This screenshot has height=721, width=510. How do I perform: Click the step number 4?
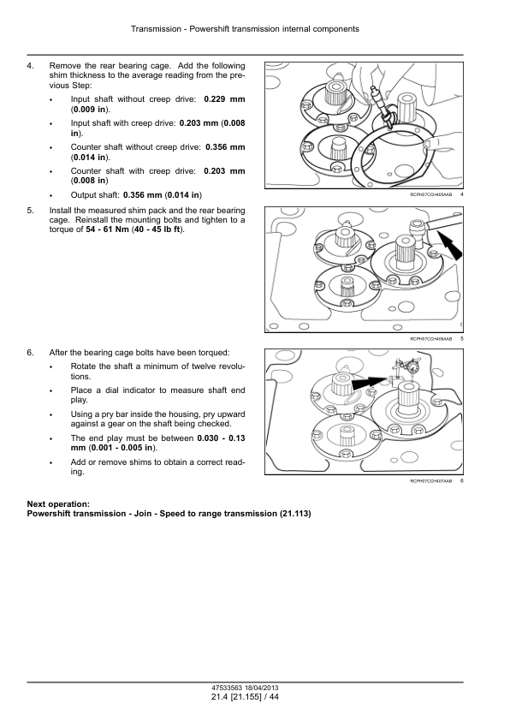[x=30, y=66]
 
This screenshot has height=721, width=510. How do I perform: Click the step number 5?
[x=30, y=211]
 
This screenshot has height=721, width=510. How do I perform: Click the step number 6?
[x=30, y=353]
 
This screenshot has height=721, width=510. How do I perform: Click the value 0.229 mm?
[x=224, y=99]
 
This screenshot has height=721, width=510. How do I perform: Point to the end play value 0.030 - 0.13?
[x=221, y=438]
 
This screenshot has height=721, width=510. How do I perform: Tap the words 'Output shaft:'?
[x=95, y=195]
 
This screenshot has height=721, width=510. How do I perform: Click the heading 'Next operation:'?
[x=58, y=504]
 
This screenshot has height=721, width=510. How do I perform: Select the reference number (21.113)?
[x=295, y=514]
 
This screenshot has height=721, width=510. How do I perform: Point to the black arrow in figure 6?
[x=369, y=382]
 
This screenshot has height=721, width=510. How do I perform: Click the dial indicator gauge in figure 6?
[x=416, y=366]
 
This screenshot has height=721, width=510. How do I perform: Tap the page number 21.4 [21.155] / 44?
[x=245, y=697]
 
